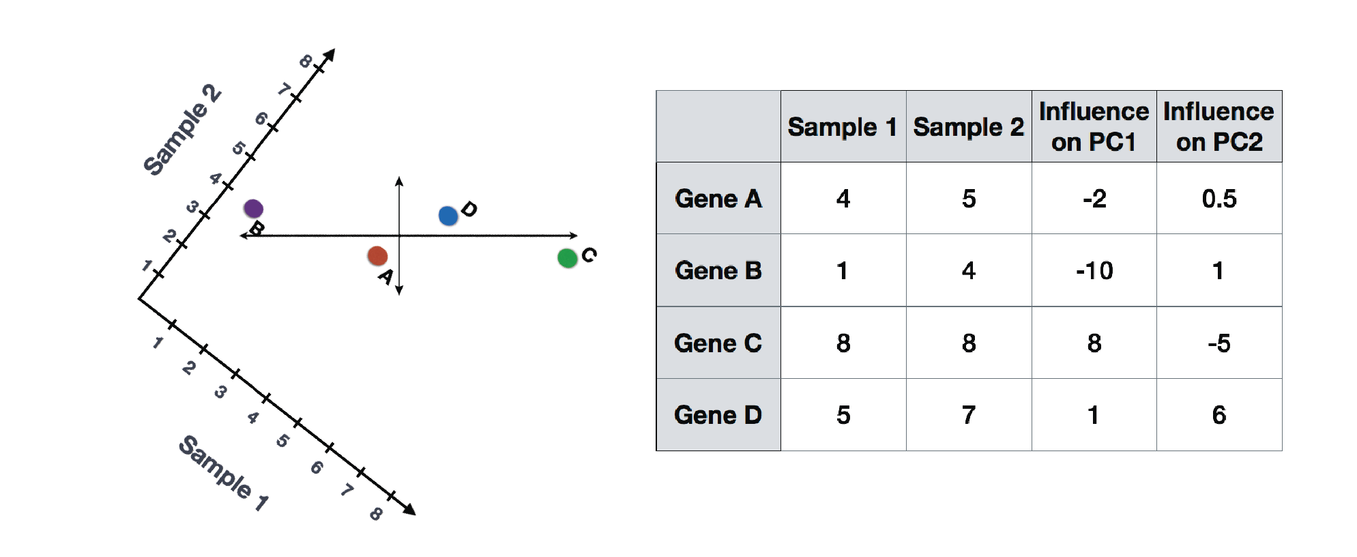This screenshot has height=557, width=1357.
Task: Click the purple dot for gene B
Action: [253, 208]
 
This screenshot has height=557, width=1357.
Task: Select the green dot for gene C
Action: [567, 258]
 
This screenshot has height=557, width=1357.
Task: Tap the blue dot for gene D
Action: [448, 216]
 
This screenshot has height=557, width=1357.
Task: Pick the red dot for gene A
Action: [377, 256]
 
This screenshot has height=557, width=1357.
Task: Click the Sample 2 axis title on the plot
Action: [181, 130]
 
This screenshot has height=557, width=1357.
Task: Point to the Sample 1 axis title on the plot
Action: [223, 472]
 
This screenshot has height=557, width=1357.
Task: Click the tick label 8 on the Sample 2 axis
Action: [306, 61]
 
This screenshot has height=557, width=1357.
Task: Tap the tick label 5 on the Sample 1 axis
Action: [282, 441]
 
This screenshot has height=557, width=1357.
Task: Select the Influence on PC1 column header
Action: [1094, 126]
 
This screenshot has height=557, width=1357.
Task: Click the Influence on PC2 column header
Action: [1219, 126]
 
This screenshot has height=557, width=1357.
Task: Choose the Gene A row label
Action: [718, 199]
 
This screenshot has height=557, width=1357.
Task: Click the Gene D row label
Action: [718, 415]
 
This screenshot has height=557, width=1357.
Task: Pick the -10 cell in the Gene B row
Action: [1094, 271]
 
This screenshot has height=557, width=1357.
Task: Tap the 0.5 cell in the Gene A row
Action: [1219, 199]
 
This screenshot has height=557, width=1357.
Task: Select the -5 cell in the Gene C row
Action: [1219, 343]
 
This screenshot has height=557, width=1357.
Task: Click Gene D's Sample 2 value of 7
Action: [969, 415]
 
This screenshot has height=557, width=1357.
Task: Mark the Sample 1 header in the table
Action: [843, 127]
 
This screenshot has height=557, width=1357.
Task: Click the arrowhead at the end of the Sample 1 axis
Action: [410, 509]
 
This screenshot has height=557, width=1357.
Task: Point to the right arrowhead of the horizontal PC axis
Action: [574, 235]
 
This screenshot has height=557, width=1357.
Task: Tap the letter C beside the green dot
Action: [589, 255]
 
